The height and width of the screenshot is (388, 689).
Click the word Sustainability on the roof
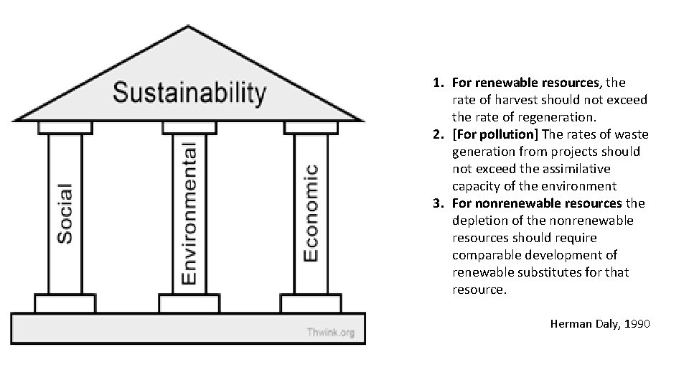click(189, 93)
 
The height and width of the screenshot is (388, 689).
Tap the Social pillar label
click(65, 213)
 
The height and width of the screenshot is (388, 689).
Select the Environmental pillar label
click(189, 213)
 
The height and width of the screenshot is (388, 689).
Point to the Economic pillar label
click(311, 213)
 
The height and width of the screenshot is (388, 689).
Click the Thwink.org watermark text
click(331, 332)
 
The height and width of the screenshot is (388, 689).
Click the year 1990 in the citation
click(637, 324)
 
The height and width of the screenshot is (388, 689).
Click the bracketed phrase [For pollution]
click(495, 134)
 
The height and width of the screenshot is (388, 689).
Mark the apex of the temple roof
click(189, 27)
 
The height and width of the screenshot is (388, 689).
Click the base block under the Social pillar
click(65, 303)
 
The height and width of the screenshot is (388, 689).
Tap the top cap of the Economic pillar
click(311, 127)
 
